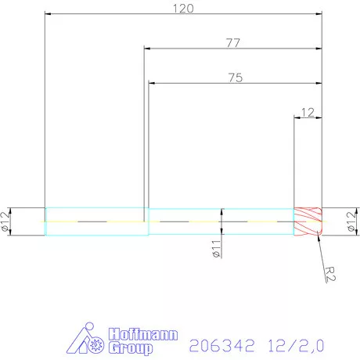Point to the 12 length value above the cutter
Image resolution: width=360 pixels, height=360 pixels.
tap(307, 112)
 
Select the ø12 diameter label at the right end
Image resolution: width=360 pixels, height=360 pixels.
tap(351, 221)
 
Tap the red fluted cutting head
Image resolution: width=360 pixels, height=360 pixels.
tap(308, 221)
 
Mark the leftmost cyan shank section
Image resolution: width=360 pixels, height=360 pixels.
tap(95, 221)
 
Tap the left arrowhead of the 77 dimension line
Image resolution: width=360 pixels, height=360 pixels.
tap(146, 49)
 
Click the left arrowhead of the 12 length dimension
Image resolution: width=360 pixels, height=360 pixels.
tap(296, 118)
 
